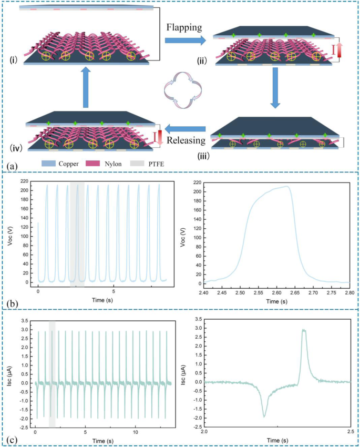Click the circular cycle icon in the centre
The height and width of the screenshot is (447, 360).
tap(184, 92)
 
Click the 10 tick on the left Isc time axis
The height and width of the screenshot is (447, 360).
tap(136, 431)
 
